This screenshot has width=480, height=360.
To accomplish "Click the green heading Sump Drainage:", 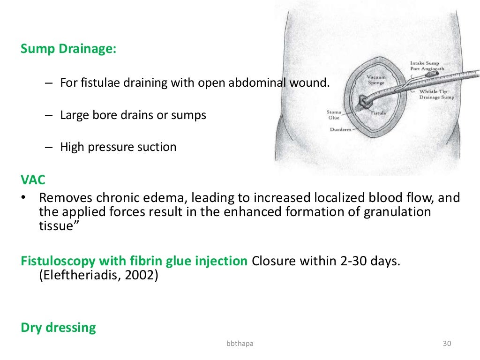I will [x=68, y=49].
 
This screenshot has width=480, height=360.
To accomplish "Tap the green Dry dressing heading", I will [x=58, y=327].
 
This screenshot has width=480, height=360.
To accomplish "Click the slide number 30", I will [x=447, y=345].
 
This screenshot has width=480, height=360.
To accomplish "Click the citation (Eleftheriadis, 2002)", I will [x=98, y=275].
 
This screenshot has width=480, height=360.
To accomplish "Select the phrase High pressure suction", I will [x=118, y=147].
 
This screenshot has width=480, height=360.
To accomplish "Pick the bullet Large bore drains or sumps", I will [x=133, y=115].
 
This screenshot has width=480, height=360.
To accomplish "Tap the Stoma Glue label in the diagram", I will [x=334, y=115].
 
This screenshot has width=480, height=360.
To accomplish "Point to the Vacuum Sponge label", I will [x=375, y=80].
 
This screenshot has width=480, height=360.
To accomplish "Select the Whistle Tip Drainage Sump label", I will [x=436, y=94].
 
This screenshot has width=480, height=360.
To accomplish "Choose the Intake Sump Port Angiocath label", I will [x=427, y=66].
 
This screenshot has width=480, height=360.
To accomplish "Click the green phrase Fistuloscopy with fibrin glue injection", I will [x=134, y=261].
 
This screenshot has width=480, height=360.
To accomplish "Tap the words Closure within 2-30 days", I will [x=326, y=261].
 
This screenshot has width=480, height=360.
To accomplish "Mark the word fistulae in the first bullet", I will [x=97, y=83].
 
